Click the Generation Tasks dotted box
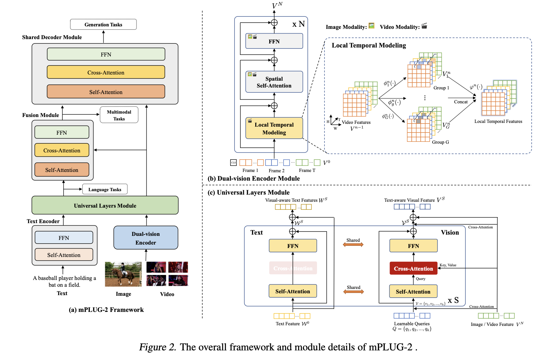(x=103, y=25)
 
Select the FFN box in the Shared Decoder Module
(x=106, y=54)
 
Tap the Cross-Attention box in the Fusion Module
(x=62, y=150)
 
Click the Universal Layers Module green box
(x=105, y=205)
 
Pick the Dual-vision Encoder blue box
(x=145, y=238)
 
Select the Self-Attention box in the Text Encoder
(x=64, y=255)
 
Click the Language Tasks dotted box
(x=105, y=189)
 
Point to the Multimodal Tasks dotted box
(x=119, y=115)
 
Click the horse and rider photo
(x=123, y=274)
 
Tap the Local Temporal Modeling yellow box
(x=274, y=128)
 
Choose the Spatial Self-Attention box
(x=274, y=82)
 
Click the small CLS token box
(x=233, y=162)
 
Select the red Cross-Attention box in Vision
(x=413, y=268)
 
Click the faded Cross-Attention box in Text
(x=293, y=268)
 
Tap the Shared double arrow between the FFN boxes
(x=353, y=245)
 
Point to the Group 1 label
(x=441, y=88)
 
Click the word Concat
(x=461, y=102)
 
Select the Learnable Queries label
(x=412, y=324)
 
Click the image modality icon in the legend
(x=371, y=26)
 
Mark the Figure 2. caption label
(x=158, y=347)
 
